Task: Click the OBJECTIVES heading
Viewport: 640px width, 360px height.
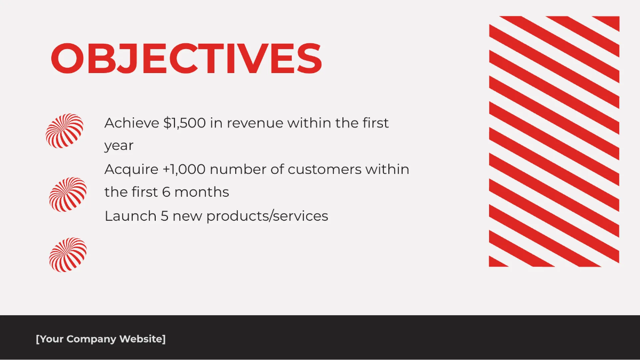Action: pos(186,58)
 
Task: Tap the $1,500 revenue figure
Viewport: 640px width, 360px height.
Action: pos(185,123)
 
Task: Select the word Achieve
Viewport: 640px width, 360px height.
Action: pos(132,123)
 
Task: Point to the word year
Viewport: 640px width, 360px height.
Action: pos(119,146)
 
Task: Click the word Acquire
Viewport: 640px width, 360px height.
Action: pos(131,170)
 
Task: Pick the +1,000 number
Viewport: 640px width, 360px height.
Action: pos(184,170)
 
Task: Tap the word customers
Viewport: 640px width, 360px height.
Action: pos(325,170)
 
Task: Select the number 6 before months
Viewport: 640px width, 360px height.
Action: pos(166,192)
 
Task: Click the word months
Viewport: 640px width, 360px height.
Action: pos(202,192)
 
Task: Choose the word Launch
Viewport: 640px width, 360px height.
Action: pos(131,216)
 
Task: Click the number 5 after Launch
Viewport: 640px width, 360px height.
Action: pos(165,216)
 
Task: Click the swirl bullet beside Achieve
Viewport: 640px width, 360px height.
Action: pos(65,131)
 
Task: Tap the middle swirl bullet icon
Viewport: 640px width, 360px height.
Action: pos(68,195)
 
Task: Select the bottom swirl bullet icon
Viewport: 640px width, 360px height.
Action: pos(68,255)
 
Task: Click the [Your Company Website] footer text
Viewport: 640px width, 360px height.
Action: pos(101,339)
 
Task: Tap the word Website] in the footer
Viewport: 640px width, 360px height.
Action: pos(142,339)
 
